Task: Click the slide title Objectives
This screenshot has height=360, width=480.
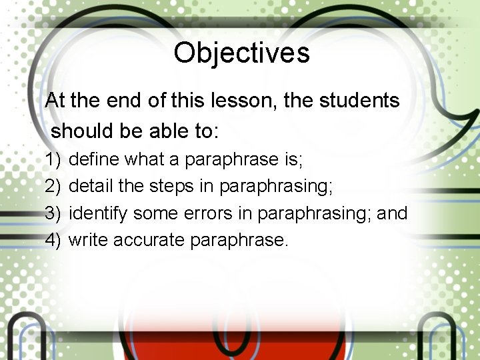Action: point(241,53)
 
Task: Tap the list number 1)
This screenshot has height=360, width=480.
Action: point(53,160)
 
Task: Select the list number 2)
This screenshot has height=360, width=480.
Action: point(53,187)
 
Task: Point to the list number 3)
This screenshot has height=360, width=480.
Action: point(53,213)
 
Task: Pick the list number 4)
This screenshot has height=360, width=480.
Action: point(53,240)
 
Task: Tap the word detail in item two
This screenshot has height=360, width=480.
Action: point(91,187)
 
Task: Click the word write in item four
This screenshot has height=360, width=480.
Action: point(89,240)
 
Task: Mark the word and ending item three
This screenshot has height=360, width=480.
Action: point(392,213)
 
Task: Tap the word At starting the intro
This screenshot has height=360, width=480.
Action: point(55,101)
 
